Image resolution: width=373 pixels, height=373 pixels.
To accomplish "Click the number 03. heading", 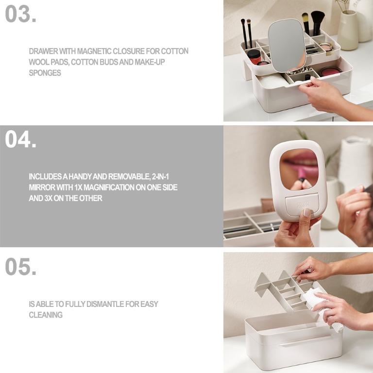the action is tap(21, 14).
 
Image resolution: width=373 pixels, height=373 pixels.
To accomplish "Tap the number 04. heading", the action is tap(21, 139).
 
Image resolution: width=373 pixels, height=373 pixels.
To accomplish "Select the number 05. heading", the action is tap(21, 267).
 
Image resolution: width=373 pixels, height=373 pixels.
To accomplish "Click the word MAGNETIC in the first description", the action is tap(94, 51).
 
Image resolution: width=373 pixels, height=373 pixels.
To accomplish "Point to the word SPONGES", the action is tap(45, 73).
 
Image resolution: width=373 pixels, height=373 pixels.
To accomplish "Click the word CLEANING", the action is tap(46, 315).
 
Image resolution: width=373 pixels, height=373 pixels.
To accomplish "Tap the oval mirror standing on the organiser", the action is tap(287, 46).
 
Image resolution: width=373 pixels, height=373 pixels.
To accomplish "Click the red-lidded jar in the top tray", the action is tap(254, 56).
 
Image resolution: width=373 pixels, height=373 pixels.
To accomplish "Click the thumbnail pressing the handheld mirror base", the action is tap(307, 212).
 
